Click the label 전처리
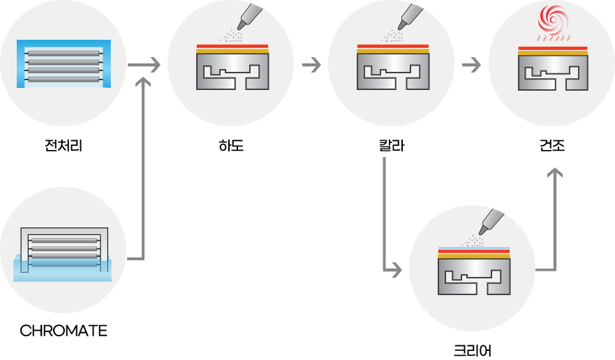pos(64,146)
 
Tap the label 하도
pos(231,146)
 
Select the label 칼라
pos(392,146)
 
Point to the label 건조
pos(552,146)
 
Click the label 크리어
pos(472,350)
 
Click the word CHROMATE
pos(64,331)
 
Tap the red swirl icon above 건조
pos(553,19)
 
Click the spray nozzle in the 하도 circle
pos(249,17)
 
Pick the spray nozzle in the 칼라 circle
pos(410,17)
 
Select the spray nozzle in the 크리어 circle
pos(491,222)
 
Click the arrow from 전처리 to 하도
pos(144,65)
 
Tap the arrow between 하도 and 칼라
pos(311,65)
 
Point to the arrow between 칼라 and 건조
pos(471,65)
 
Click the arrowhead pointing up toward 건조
pos(555,172)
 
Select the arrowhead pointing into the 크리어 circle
pos(397,270)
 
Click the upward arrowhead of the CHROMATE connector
pos(144,82)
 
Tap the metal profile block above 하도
pos(232,71)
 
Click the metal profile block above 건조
pos(553,73)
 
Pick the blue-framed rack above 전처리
pos(64,63)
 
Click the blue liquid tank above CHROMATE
pos(62,268)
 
